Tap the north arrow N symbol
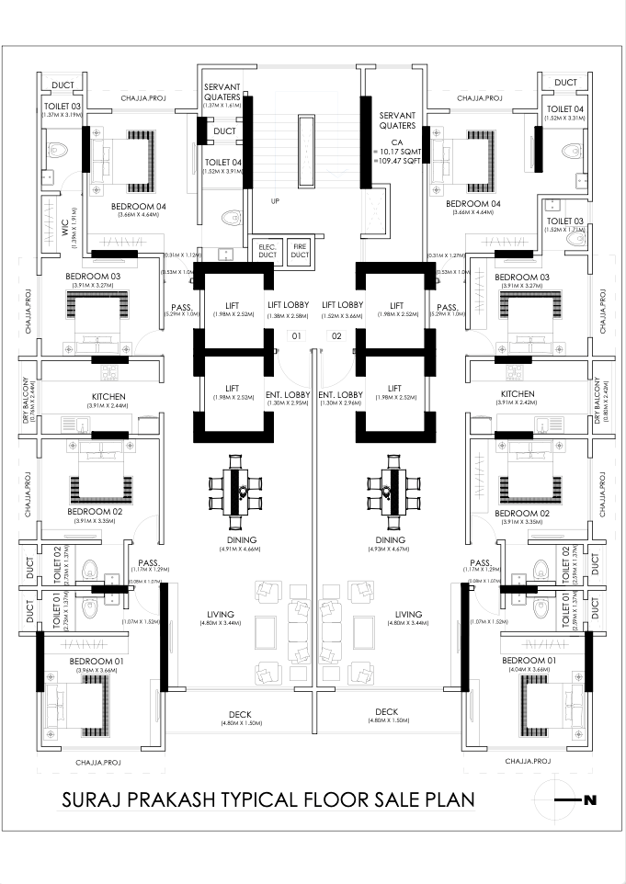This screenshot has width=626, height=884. click(589, 800)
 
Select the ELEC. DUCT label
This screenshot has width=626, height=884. click(266, 251)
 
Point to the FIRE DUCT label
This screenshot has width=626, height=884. click(300, 251)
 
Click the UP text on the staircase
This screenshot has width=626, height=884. click(275, 200)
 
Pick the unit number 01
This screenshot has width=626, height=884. click(296, 336)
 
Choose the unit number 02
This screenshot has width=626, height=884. click(336, 336)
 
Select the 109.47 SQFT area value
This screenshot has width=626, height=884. click(396, 160)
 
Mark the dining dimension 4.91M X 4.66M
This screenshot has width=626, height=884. click(236, 549)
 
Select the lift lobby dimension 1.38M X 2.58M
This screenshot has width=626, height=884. click(287, 315)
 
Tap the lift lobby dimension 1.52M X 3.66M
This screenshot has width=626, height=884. click(341, 315)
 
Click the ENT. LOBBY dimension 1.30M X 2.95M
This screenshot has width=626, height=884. click(286, 402)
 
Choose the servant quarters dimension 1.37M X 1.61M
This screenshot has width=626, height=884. click(222, 106)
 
